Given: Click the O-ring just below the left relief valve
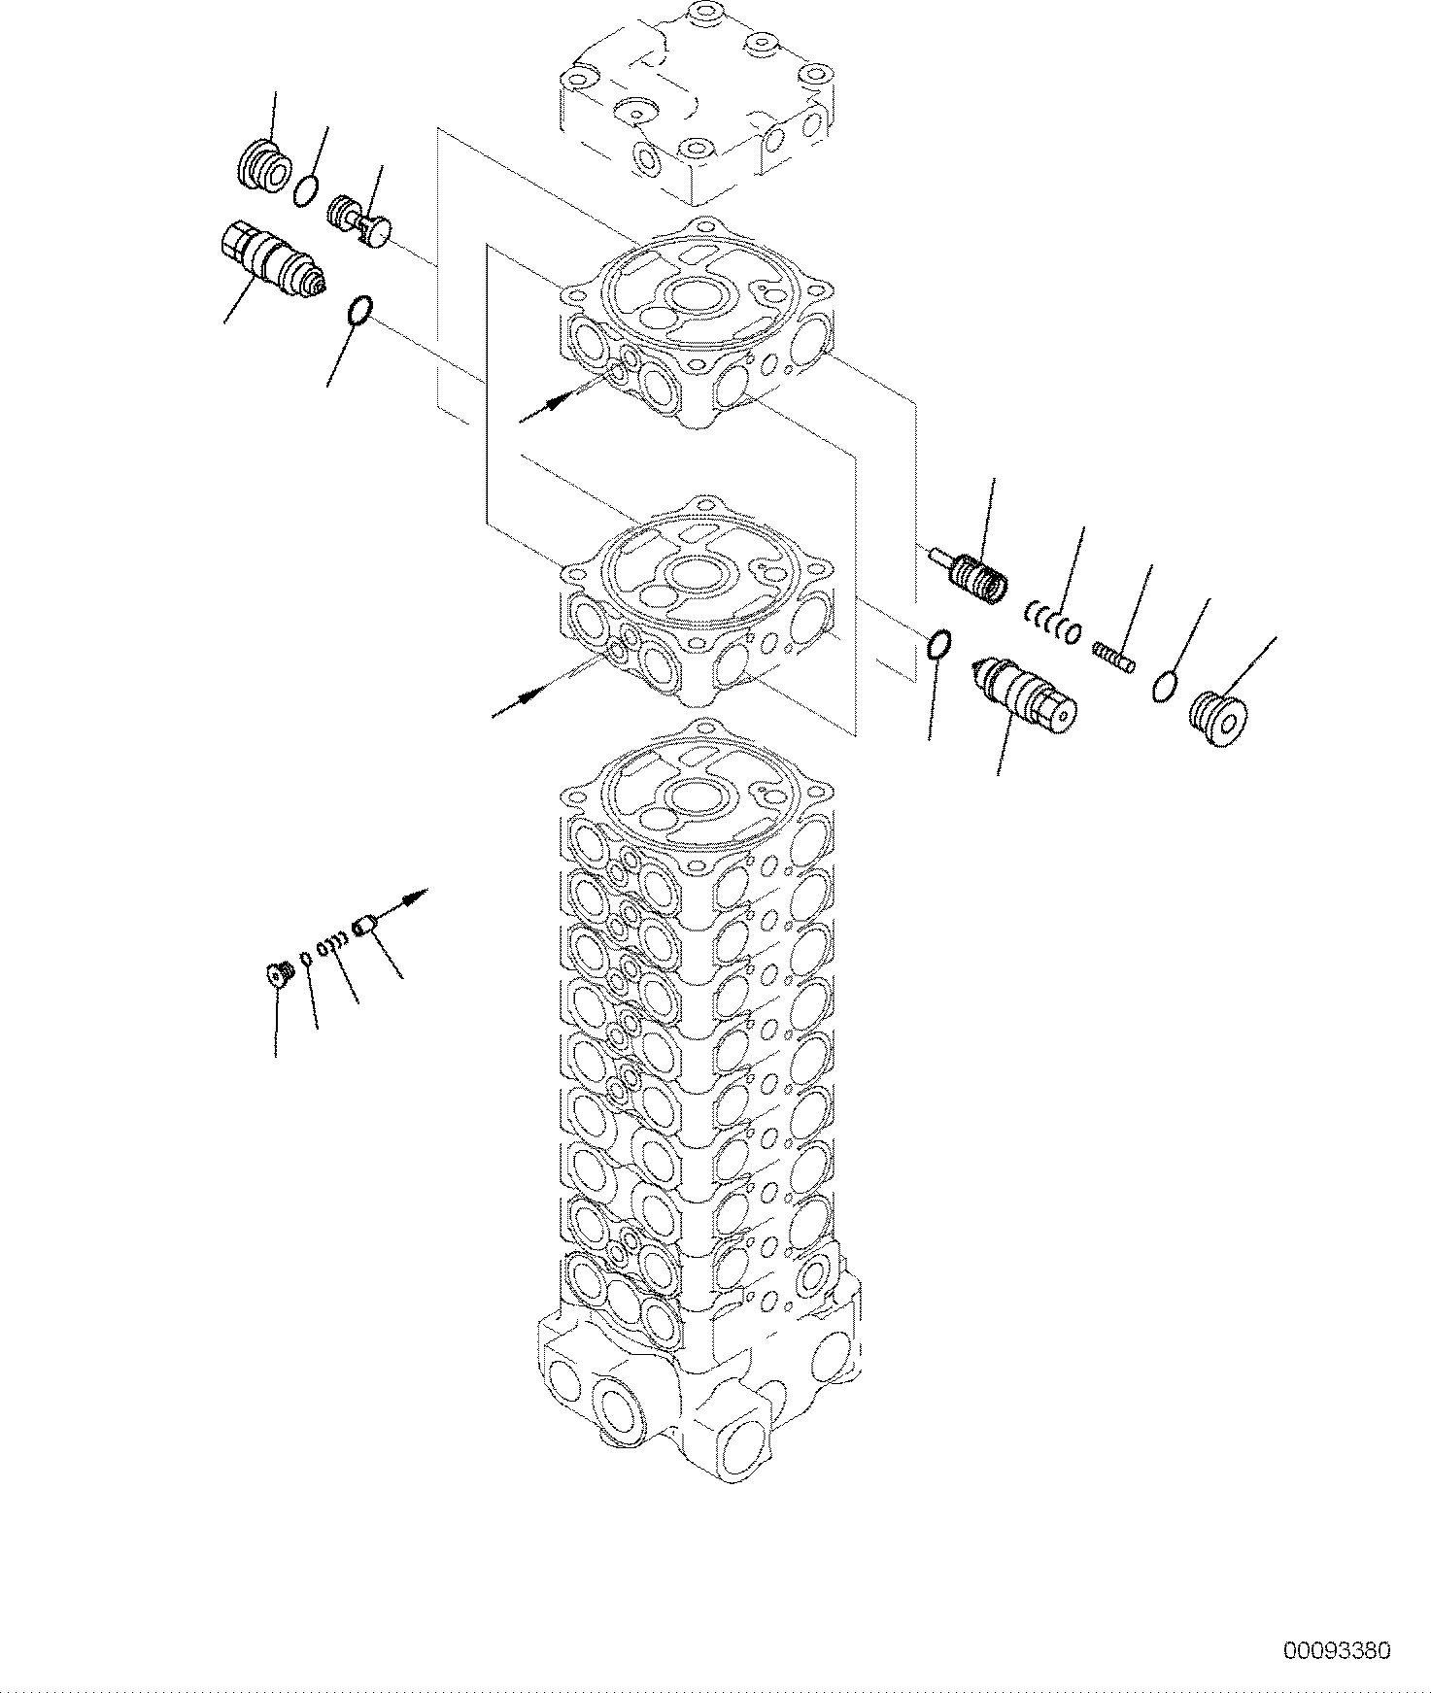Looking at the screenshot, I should coord(358,313).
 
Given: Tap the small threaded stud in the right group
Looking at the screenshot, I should coord(1115,658).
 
